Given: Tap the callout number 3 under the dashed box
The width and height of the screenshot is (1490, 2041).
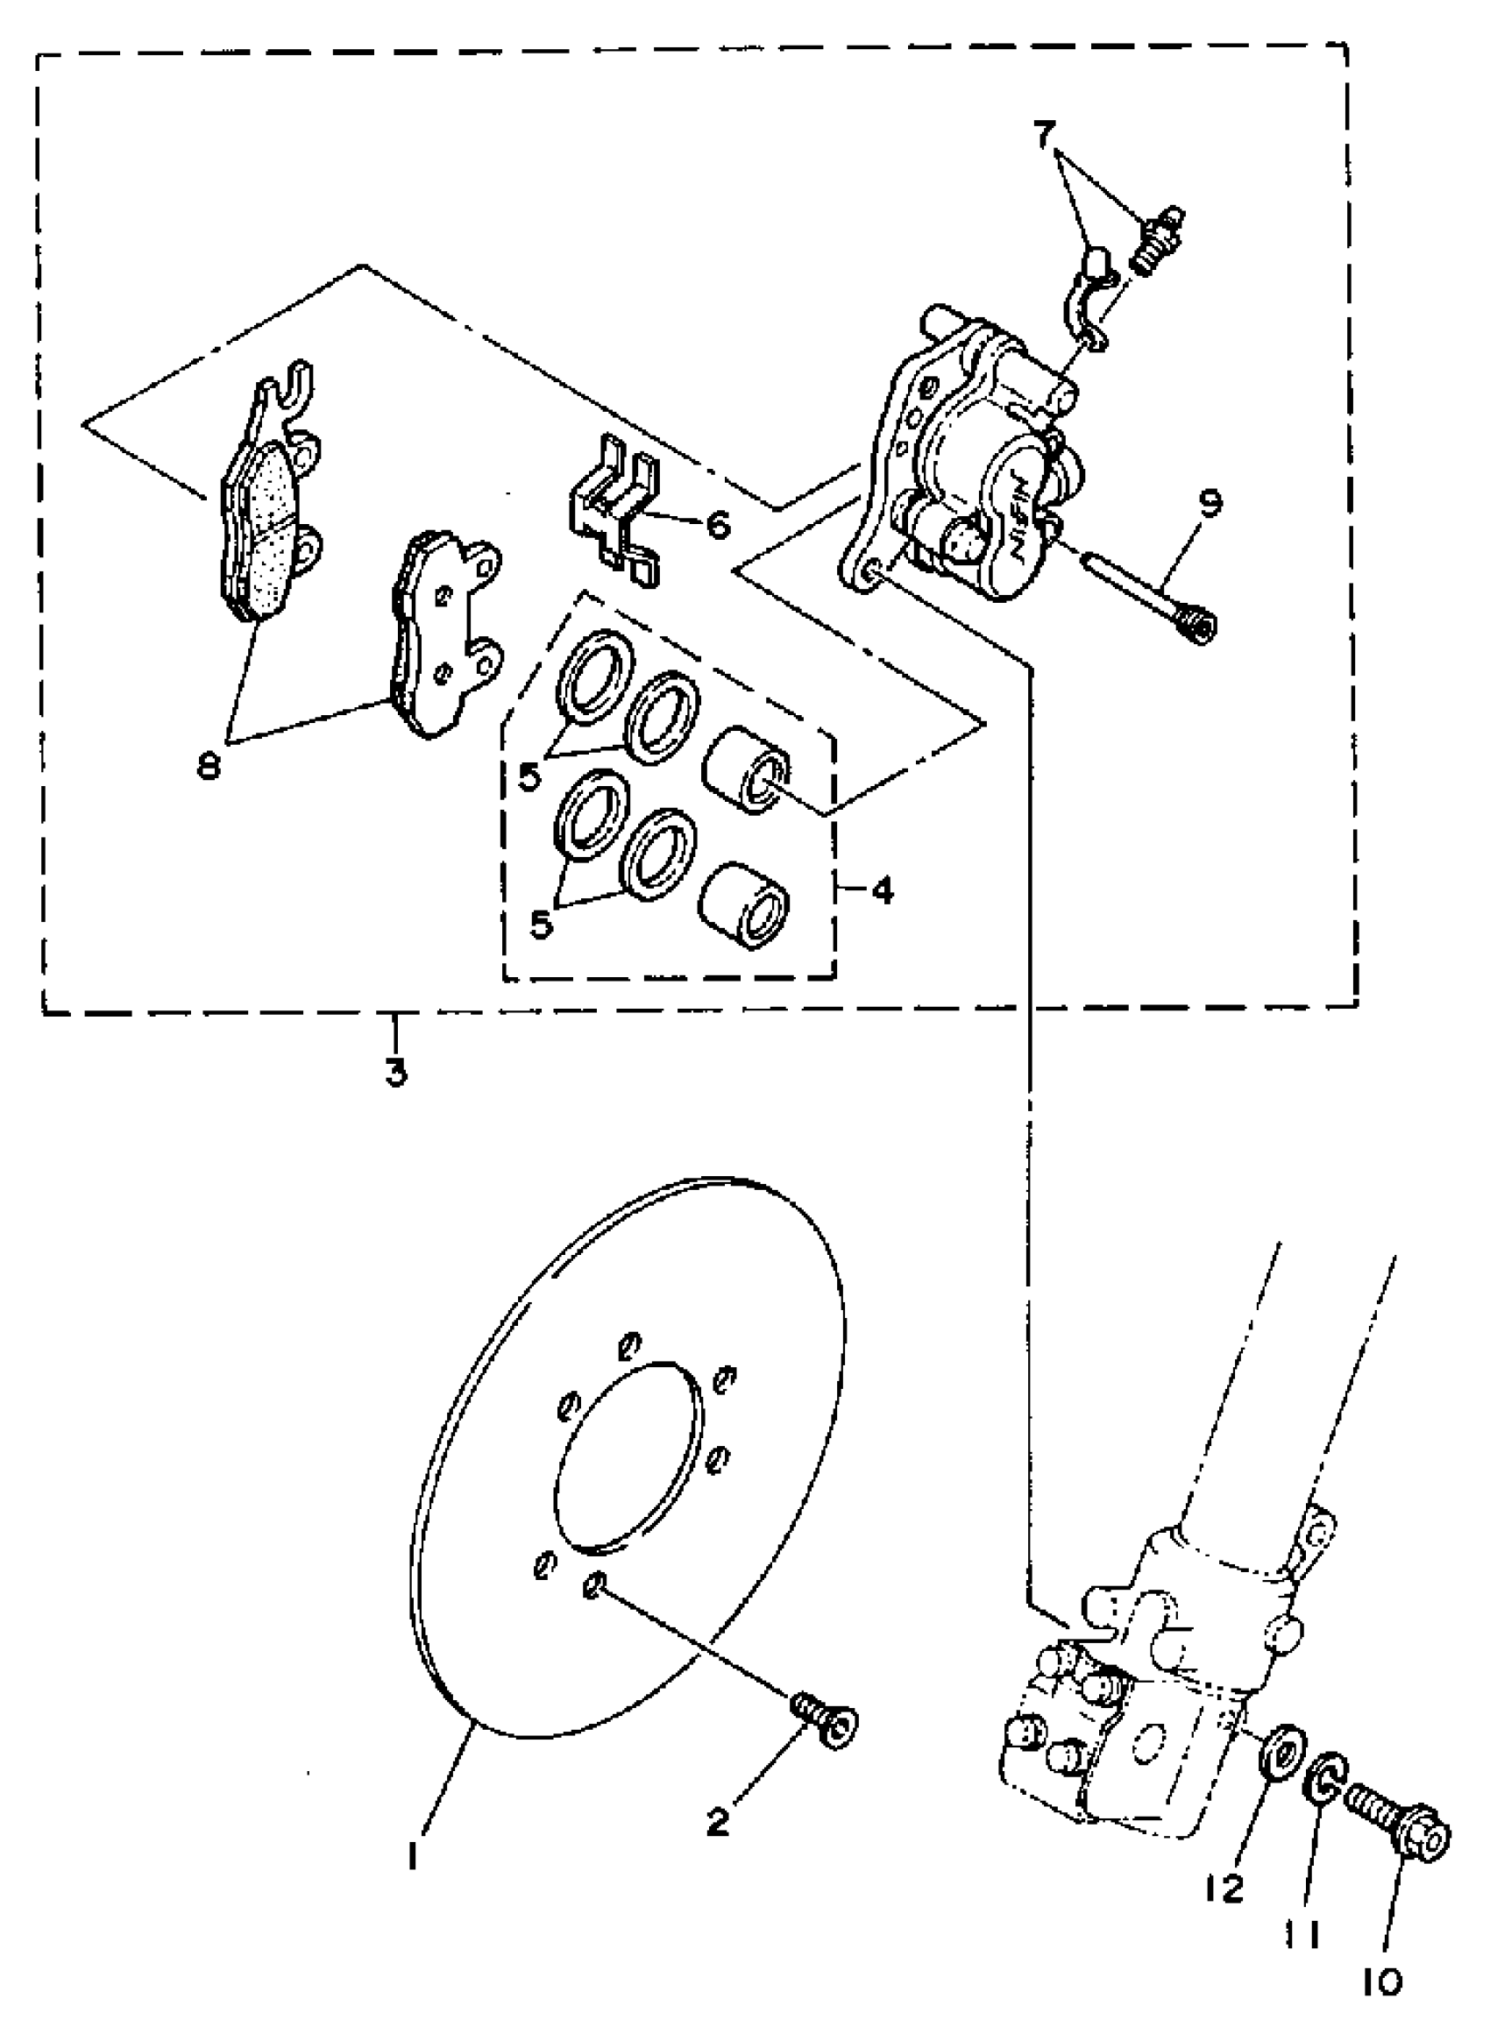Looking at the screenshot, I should [396, 1074].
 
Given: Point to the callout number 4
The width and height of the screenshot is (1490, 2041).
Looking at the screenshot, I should [881, 892].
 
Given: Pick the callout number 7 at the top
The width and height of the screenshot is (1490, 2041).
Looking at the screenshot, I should [1044, 136].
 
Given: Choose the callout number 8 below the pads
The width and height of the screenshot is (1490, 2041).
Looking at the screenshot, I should [210, 768].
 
